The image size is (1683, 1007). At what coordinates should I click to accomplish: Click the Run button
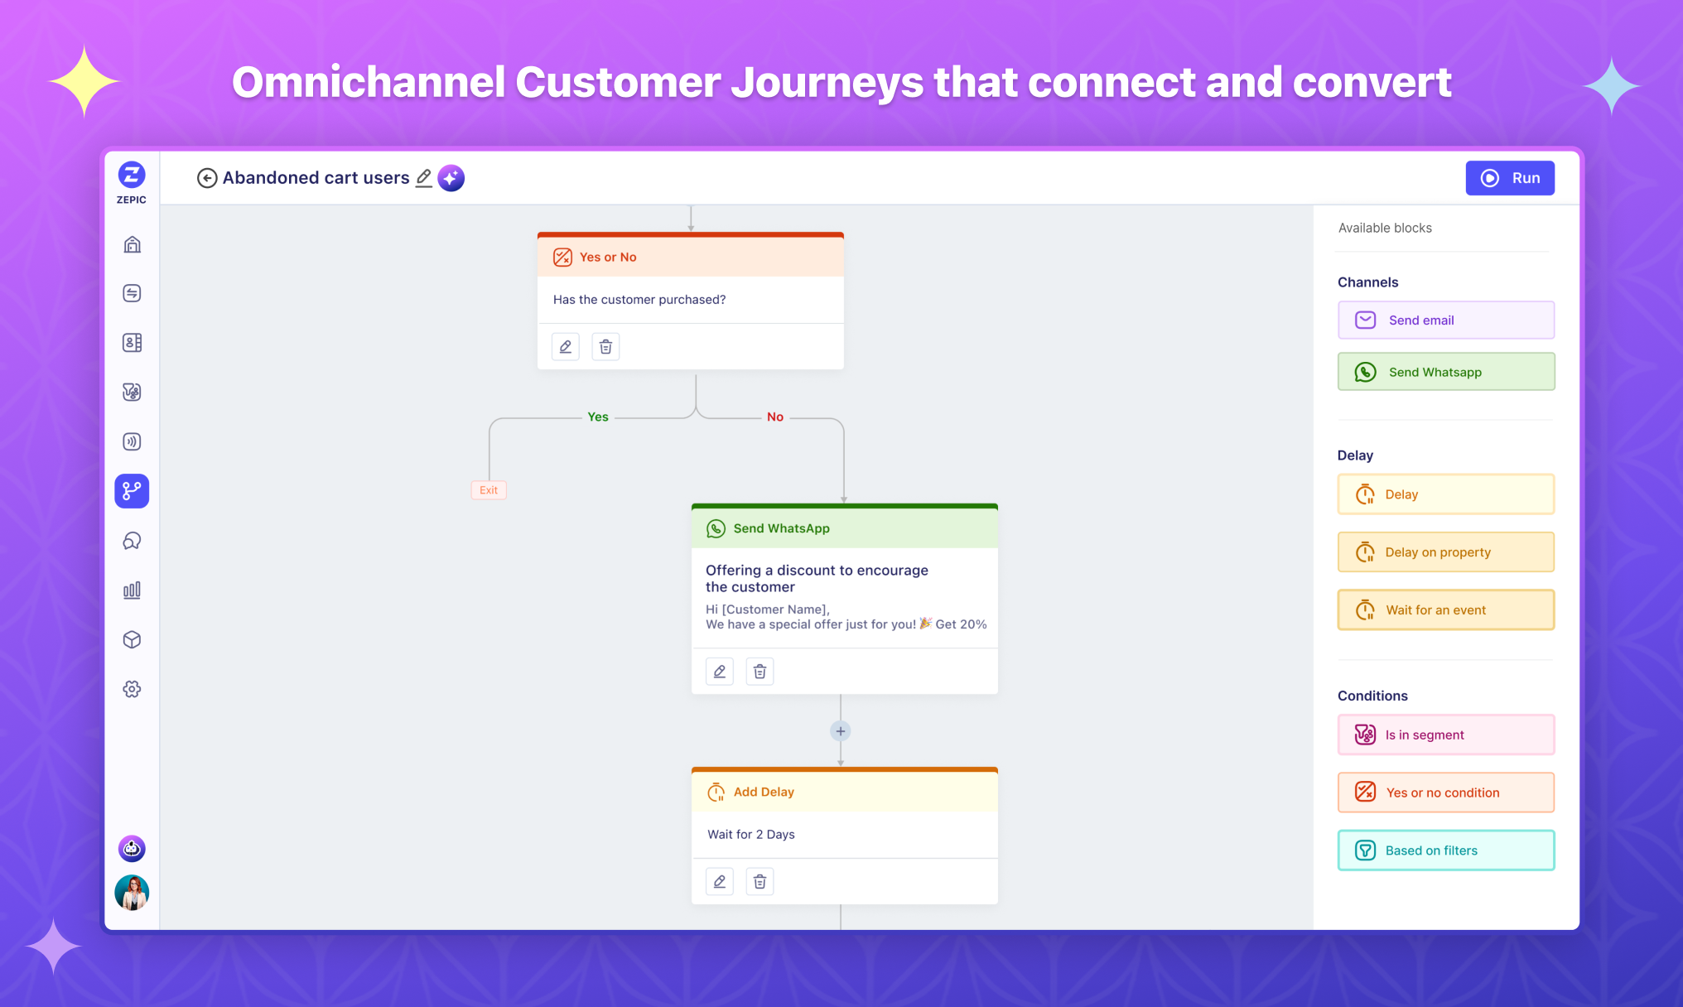pos(1509,178)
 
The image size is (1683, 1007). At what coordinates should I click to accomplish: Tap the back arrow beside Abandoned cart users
pos(207,178)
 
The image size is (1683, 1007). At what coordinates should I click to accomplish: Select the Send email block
pos(1446,320)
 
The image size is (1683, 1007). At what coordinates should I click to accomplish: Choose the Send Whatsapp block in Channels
pos(1446,372)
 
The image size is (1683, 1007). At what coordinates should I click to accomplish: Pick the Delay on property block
pos(1446,552)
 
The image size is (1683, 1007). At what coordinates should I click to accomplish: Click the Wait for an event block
pos(1446,610)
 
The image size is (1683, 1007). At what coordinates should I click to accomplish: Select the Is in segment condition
pos(1446,735)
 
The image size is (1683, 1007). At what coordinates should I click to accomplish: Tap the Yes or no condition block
pos(1446,793)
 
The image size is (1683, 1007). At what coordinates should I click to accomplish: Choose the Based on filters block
pos(1446,850)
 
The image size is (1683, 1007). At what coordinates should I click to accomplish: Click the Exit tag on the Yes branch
pos(489,490)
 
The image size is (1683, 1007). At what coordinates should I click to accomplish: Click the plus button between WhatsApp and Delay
pos(841,731)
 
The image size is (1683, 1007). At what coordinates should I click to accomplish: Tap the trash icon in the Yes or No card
pos(605,347)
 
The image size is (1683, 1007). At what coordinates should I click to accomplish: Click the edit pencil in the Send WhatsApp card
pos(720,672)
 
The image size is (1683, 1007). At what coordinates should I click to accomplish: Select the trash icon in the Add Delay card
pos(760,882)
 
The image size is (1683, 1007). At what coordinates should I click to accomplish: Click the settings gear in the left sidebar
pos(132,689)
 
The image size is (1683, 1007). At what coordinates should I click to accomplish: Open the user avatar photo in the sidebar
pos(132,893)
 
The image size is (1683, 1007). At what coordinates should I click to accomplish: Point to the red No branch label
pos(775,417)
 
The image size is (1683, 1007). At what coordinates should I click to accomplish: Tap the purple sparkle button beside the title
pos(451,178)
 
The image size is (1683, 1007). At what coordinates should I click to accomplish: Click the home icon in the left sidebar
pos(132,244)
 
